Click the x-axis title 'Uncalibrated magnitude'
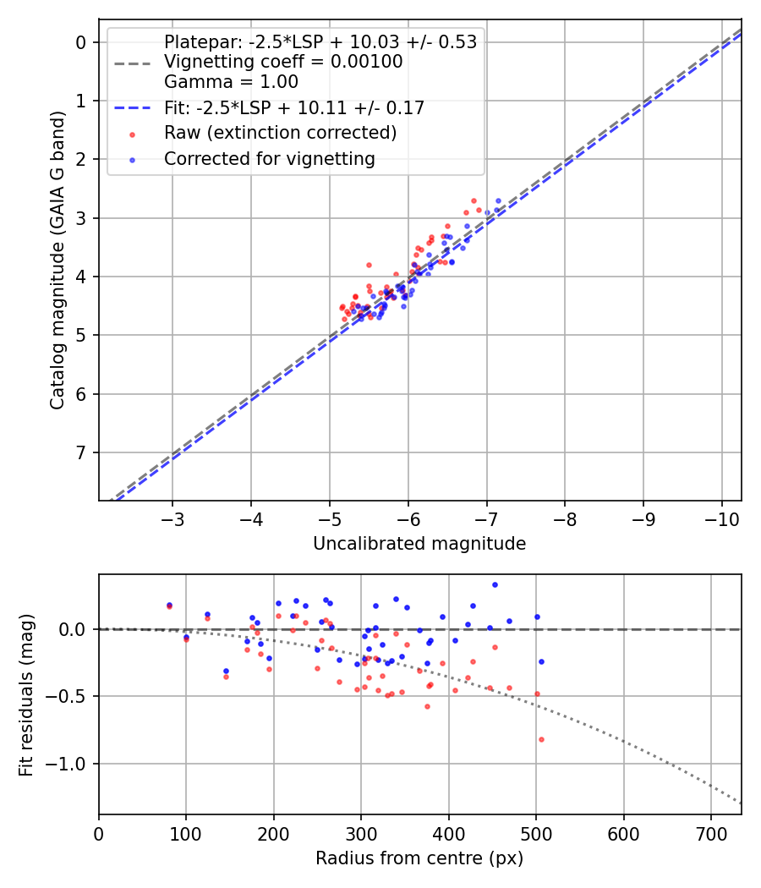(419, 544)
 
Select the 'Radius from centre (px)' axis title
(419, 858)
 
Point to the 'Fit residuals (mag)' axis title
(26, 693)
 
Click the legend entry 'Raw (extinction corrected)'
(280, 133)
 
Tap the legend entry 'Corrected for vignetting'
(270, 159)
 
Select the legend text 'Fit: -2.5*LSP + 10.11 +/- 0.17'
(294, 108)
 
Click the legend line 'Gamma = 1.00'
(231, 82)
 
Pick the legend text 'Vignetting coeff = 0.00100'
(283, 62)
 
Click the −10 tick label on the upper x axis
(721, 518)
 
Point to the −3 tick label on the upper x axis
(172, 518)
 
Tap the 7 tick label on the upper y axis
(82, 452)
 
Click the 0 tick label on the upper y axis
(82, 42)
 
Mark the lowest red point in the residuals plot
(541, 739)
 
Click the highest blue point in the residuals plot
(495, 584)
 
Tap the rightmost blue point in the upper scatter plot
(498, 201)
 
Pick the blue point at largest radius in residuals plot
(541, 661)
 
